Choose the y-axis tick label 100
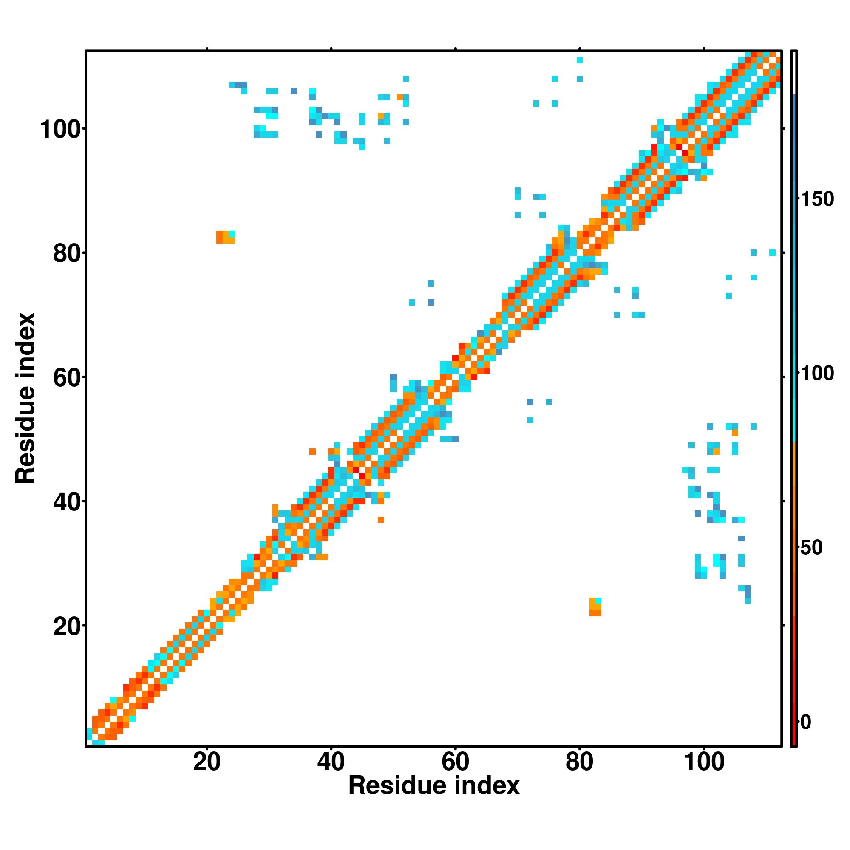62,130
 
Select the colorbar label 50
812,548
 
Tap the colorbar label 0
807,722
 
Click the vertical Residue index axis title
25,398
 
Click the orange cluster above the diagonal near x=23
225,237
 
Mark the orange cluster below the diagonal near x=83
595,607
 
